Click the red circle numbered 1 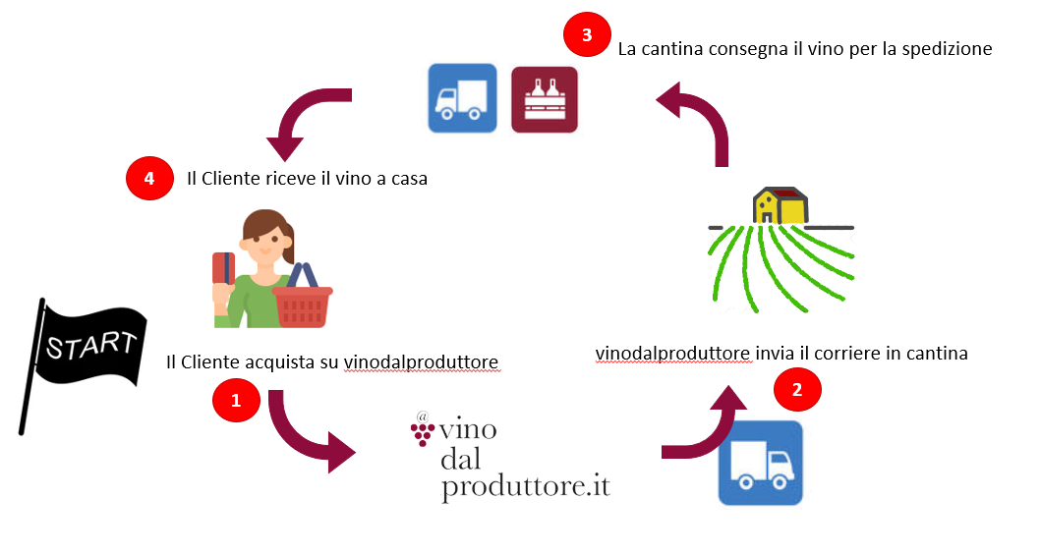tap(235, 400)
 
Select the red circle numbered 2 tap(797, 389)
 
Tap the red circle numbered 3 tap(587, 35)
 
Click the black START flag tap(84, 354)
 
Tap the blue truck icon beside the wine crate tap(462, 98)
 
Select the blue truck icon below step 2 tap(760, 463)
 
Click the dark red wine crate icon tap(545, 98)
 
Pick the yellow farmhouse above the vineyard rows tap(781, 204)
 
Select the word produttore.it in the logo tap(527, 486)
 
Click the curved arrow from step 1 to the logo tap(305, 432)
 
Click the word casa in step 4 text tap(406, 180)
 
